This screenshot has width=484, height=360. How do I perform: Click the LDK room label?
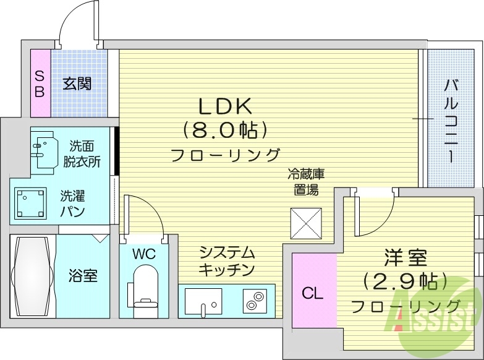(x=225, y=106)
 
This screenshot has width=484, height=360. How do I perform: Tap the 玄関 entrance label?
(x=77, y=83)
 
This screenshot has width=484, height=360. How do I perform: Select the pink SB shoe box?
(x=40, y=84)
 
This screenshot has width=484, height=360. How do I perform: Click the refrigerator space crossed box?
(x=306, y=222)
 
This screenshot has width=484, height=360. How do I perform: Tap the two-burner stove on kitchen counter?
(x=253, y=302)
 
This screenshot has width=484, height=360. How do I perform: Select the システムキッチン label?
(x=227, y=261)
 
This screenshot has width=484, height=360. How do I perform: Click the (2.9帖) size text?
(x=405, y=281)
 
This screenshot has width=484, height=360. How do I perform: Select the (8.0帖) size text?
(x=225, y=130)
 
